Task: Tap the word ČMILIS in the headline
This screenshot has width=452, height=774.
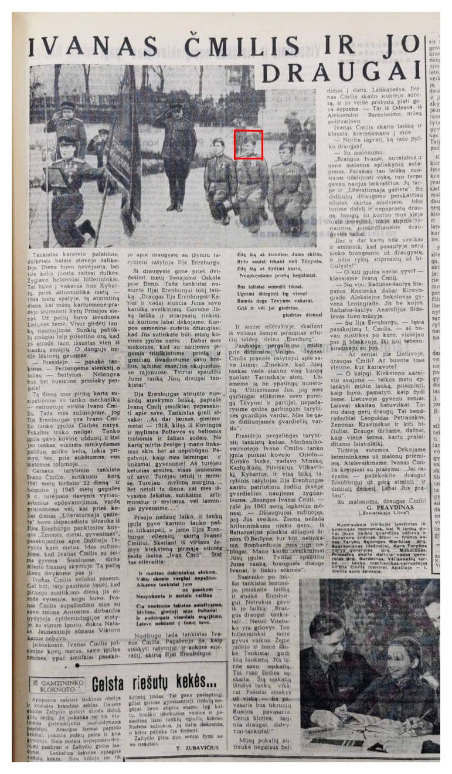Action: point(246,45)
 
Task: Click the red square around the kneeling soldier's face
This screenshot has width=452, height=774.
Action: point(248,145)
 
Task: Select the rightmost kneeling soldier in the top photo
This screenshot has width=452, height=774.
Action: point(288,188)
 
